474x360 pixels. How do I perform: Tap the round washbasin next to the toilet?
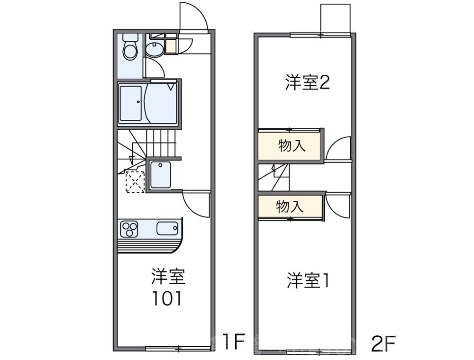153,49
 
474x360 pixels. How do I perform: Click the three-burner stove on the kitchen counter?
128,230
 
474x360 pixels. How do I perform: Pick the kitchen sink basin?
167,229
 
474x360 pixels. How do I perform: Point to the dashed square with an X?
135,181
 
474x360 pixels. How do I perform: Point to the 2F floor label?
383,342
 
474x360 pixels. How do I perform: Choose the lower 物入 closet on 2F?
290,207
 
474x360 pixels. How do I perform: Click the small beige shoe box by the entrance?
171,46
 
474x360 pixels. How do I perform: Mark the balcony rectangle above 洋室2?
336,19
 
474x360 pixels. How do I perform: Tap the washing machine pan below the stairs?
161,175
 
